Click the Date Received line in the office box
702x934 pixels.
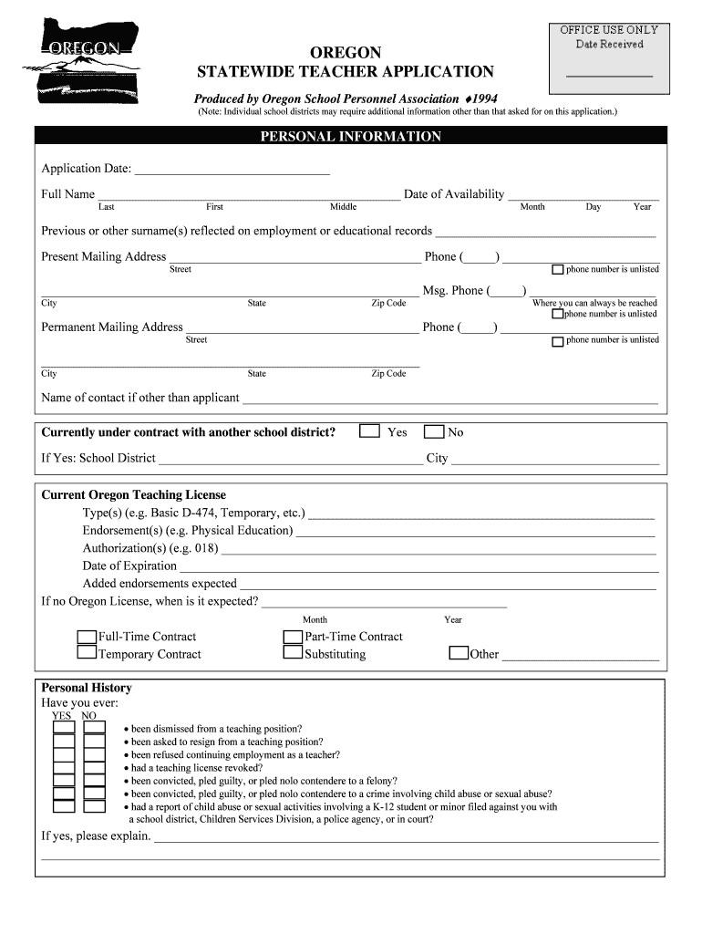[x=609, y=74]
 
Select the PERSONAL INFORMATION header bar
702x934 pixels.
[x=351, y=137]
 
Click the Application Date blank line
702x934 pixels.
[x=232, y=172]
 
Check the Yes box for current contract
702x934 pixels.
[x=369, y=431]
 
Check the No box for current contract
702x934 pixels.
[x=434, y=431]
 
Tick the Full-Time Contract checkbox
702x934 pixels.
[x=87, y=637]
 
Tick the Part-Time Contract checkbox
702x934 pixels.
[x=293, y=637]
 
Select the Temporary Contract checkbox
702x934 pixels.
[x=87, y=653]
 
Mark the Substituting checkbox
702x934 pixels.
[x=293, y=653]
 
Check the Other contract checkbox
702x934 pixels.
[x=459, y=653]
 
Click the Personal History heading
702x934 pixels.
[x=87, y=688]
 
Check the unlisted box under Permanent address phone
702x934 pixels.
[x=558, y=341]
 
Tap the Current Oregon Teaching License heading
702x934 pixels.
[x=134, y=495]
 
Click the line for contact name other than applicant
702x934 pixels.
[x=449, y=401]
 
